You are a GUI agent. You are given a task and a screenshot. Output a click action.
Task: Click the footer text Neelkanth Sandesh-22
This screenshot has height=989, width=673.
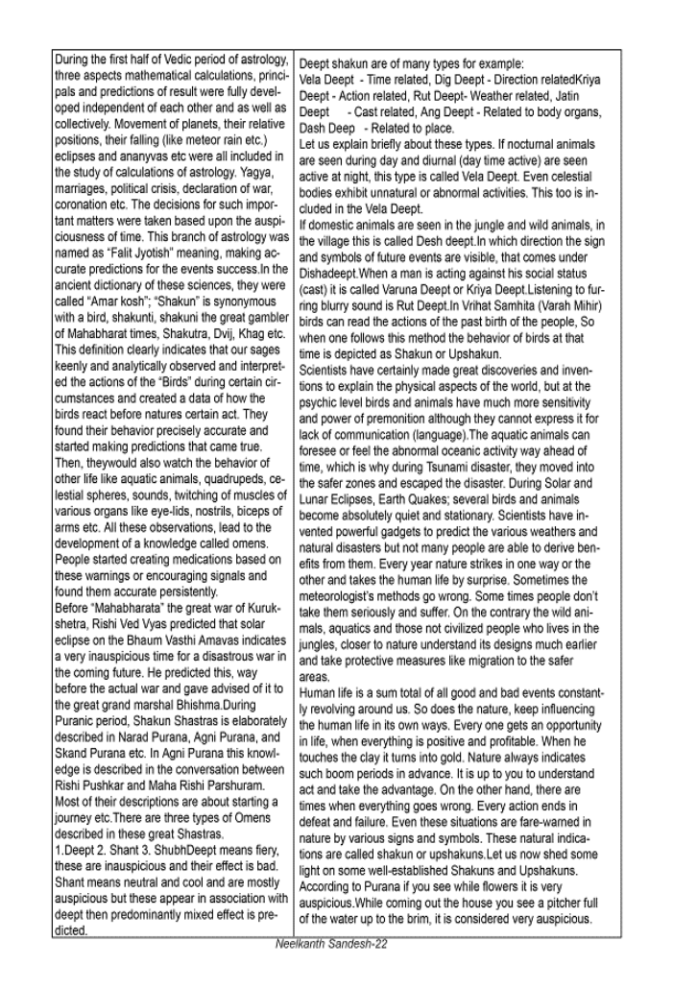pos(330,944)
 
